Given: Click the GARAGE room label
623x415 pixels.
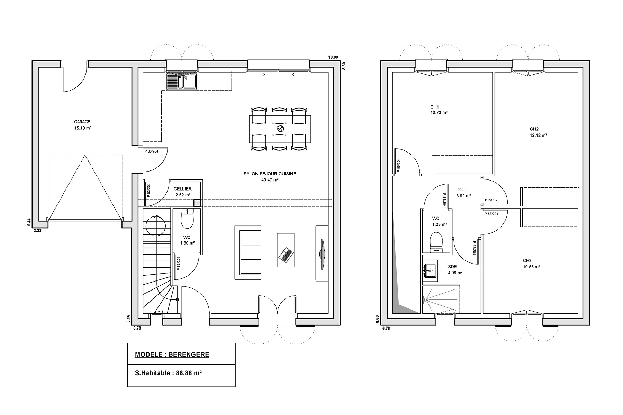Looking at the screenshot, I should (82, 122).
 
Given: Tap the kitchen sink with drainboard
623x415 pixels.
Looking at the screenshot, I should (181, 81).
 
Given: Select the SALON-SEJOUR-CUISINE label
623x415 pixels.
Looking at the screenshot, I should (270, 174).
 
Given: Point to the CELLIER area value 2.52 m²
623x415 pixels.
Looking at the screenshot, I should (182, 195).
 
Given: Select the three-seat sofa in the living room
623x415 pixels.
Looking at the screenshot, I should (248, 252).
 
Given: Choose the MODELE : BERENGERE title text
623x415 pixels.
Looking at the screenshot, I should (172, 354).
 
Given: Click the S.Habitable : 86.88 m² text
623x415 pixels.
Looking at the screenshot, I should (168, 373).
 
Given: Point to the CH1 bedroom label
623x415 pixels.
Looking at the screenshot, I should (435, 107).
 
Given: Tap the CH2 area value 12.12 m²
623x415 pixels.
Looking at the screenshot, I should (538, 136).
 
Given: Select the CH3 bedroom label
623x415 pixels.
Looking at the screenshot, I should (527, 261).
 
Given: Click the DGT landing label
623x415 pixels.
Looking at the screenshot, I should (461, 190).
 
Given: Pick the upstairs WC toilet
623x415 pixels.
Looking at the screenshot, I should (436, 241).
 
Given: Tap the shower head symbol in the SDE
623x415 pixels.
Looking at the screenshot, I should (427, 300).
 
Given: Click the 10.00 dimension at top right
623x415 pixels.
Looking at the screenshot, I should (333, 57).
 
